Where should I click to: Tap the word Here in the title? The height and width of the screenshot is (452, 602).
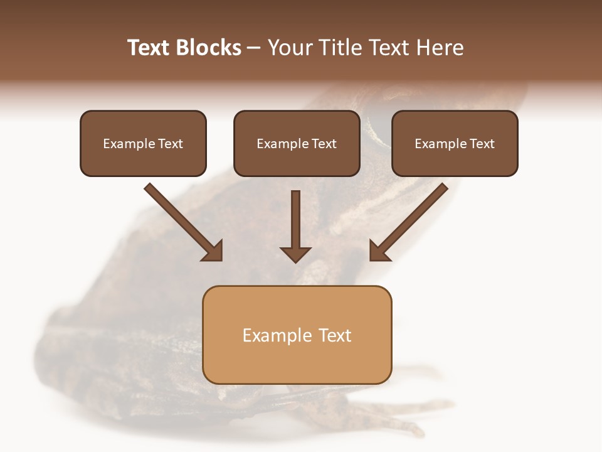(x=438, y=48)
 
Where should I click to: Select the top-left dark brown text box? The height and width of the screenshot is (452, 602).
(x=143, y=143)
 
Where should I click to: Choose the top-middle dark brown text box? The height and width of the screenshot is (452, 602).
(x=297, y=143)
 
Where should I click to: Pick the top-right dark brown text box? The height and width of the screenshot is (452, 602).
(x=455, y=143)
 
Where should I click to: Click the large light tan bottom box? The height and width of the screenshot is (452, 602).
(x=297, y=335)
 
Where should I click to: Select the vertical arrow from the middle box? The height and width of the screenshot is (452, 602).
(x=295, y=223)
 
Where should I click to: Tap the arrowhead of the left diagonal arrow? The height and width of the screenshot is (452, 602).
(x=213, y=251)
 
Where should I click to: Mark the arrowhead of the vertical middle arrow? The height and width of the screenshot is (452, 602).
(x=295, y=254)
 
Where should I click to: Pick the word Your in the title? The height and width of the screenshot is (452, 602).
(x=289, y=48)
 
